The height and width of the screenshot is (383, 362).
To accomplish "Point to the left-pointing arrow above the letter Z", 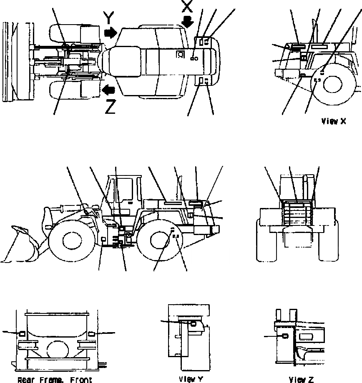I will (x=110, y=89).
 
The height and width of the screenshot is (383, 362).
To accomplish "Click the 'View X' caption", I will (x=333, y=121).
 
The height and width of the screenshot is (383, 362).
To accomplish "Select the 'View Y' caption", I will (x=191, y=379).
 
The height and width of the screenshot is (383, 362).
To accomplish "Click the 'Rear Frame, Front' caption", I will (x=55, y=380).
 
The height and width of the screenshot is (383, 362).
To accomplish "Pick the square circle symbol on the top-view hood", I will (x=181, y=54).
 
